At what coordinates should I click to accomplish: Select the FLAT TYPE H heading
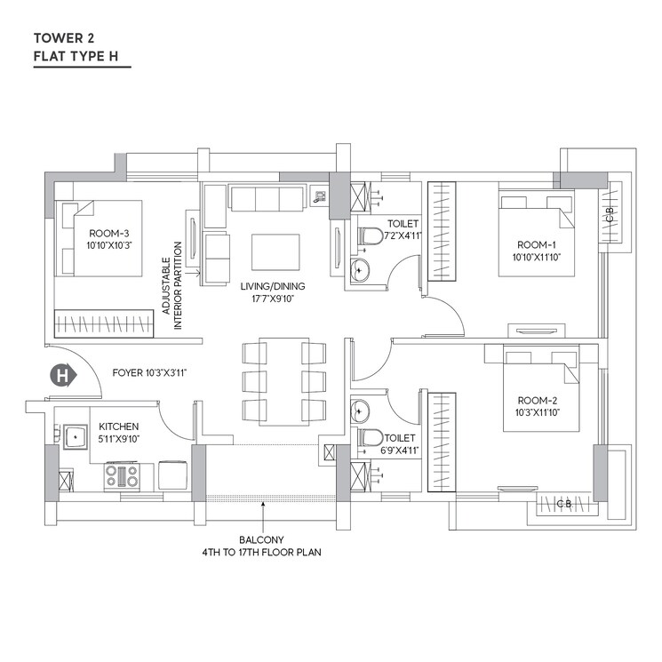tap(81, 57)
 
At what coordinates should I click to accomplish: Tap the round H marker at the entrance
tap(63, 376)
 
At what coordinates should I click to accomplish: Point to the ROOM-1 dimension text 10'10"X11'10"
tap(537, 257)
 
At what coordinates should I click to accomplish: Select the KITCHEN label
tap(119, 426)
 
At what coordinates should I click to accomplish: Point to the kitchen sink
tap(72, 435)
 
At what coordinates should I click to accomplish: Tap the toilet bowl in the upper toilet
tap(370, 236)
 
